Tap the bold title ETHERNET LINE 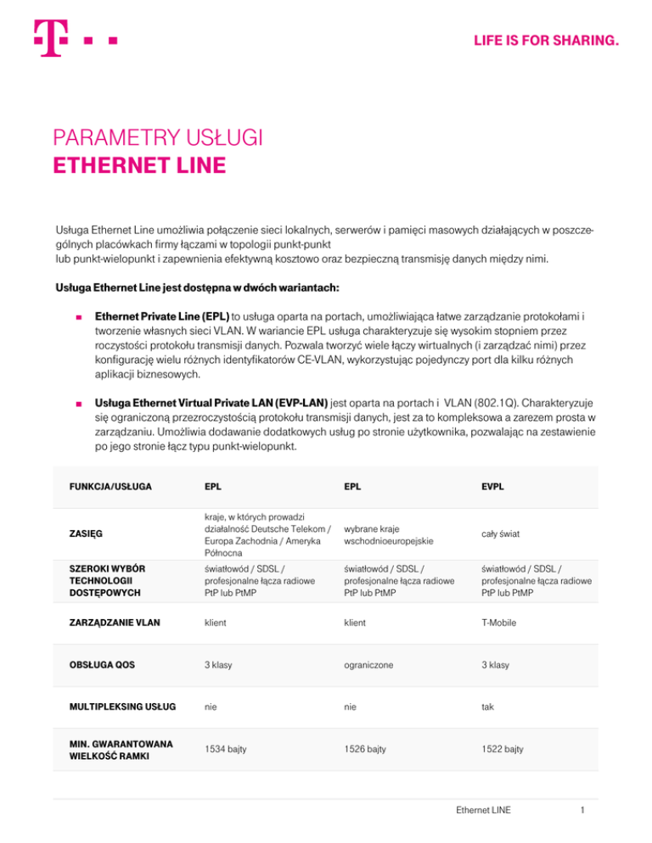(139, 163)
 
